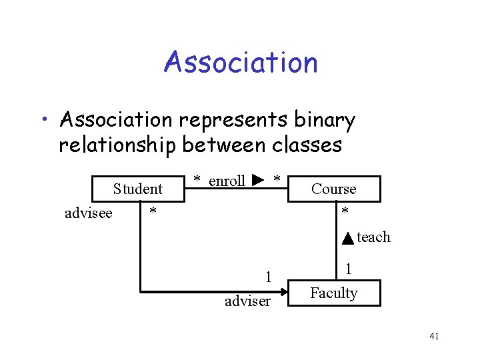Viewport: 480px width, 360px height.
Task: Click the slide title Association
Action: click(x=240, y=63)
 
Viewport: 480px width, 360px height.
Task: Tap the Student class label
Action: click(x=138, y=189)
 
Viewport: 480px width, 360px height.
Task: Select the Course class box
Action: click(x=334, y=189)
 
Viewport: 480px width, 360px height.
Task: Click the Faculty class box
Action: click(x=334, y=293)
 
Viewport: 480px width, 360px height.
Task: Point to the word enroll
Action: click(x=227, y=181)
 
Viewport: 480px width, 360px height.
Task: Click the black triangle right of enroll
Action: click(x=259, y=180)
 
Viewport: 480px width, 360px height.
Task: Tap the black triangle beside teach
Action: click(x=348, y=238)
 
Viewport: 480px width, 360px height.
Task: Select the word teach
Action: click(x=373, y=237)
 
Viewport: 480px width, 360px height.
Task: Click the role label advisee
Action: click(x=88, y=213)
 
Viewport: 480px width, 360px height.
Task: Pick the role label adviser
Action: click(x=247, y=301)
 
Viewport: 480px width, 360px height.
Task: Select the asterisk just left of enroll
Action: click(x=197, y=180)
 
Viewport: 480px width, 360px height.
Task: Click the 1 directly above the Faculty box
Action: click(x=347, y=270)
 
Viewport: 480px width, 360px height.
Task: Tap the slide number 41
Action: click(x=433, y=336)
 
